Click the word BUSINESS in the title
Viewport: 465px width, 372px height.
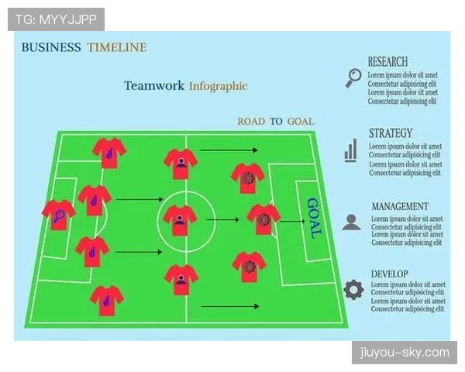click(x=51, y=47)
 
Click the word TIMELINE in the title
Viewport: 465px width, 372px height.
click(x=117, y=47)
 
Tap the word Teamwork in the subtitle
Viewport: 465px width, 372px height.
click(x=154, y=85)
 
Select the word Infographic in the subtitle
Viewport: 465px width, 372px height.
click(x=219, y=86)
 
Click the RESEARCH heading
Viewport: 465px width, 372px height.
click(x=387, y=62)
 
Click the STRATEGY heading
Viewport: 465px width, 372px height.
click(x=391, y=133)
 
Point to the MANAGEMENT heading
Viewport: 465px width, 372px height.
click(x=400, y=206)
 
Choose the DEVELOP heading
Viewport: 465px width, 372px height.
click(x=389, y=274)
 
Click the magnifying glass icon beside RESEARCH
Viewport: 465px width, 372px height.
click(x=354, y=77)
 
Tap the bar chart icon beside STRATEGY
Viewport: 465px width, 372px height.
click(x=350, y=150)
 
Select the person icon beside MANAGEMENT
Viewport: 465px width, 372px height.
click(x=351, y=222)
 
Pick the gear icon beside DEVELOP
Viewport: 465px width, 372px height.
click(x=354, y=289)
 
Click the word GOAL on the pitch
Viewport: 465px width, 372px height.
click(x=314, y=218)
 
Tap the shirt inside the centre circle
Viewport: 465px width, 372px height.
click(x=180, y=220)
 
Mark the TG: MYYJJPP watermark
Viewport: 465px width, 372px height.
click(x=56, y=19)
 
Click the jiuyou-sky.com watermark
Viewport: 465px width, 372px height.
click(x=405, y=353)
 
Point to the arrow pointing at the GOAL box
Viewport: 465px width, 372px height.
click(x=292, y=221)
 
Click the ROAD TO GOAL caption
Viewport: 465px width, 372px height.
click(x=275, y=122)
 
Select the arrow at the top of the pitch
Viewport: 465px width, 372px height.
click(x=229, y=150)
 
